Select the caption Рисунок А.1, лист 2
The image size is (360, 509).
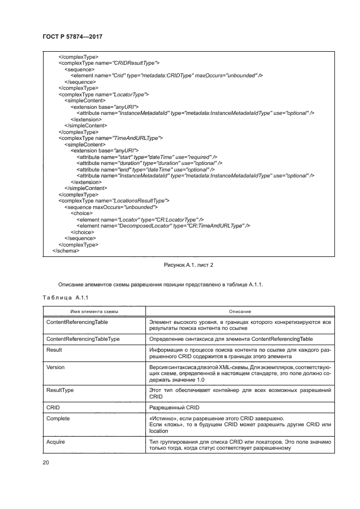[189, 265]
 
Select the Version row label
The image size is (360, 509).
[56, 367]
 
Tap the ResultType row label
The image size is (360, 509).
[60, 390]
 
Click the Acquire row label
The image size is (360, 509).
[56, 441]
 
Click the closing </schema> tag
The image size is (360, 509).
[66, 250]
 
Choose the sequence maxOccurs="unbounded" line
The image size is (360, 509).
[111, 207]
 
